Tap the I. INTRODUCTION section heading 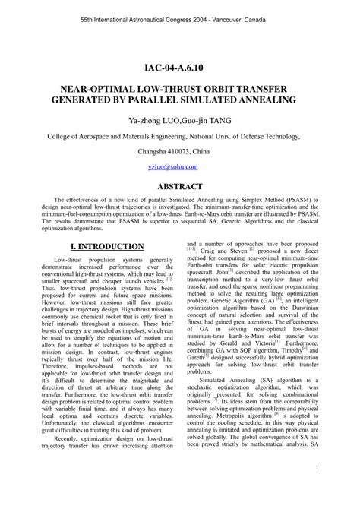click(96, 247)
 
